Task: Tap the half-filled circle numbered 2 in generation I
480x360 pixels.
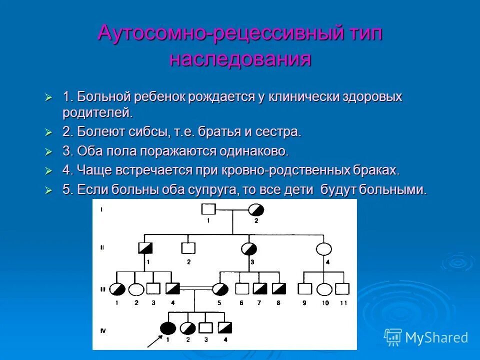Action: pos(256,209)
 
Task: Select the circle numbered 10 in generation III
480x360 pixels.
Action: pos(325,288)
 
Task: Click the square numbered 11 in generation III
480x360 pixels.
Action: pos(342,288)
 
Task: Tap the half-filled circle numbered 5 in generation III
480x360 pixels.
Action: pos(220,288)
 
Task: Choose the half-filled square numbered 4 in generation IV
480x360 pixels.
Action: pos(225,328)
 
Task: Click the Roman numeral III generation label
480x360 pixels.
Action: pos(102,288)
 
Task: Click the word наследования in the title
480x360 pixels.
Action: pos(240,59)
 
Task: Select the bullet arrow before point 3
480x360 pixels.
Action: pos(48,151)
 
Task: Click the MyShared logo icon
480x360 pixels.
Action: pos(393,337)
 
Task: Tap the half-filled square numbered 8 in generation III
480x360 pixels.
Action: pos(278,288)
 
